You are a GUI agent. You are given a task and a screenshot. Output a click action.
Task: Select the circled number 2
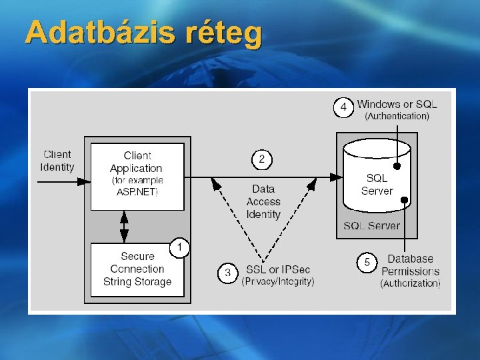pyautogui.click(x=262, y=160)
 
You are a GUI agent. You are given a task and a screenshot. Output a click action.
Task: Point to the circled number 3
pyautogui.click(x=228, y=273)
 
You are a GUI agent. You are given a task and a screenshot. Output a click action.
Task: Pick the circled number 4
pyautogui.click(x=343, y=107)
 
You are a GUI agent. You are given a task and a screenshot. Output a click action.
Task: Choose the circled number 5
pyautogui.click(x=367, y=263)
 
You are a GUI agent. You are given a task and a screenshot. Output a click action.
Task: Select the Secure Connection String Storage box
pyautogui.click(x=137, y=269)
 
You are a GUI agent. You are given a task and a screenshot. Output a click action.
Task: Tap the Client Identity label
pyautogui.click(x=57, y=161)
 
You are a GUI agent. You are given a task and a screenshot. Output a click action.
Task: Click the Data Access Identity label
pyautogui.click(x=263, y=202)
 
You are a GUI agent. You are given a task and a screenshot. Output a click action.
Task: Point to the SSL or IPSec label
pyautogui.click(x=277, y=269)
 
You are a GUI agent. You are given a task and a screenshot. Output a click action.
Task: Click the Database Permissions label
pyautogui.click(x=410, y=265)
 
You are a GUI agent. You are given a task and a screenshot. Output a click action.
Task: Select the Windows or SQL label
pyautogui.click(x=397, y=104)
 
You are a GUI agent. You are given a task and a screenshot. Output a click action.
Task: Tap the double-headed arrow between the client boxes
pyautogui.click(x=124, y=227)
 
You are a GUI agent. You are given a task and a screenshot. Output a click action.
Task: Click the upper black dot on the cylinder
pyautogui.click(x=397, y=166)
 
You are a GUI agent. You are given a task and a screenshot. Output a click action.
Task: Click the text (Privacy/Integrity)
pyautogui.click(x=277, y=282)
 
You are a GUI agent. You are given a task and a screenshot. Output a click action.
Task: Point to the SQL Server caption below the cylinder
pyautogui.click(x=372, y=226)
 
